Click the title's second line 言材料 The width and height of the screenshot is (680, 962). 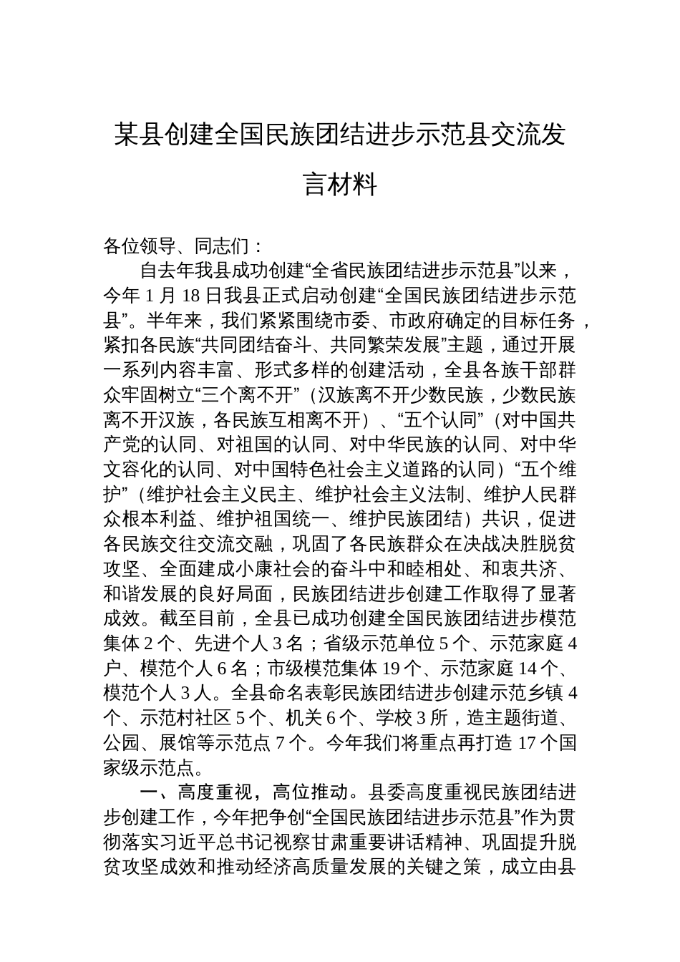(x=340, y=185)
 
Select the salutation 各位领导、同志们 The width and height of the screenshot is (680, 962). (x=175, y=247)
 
